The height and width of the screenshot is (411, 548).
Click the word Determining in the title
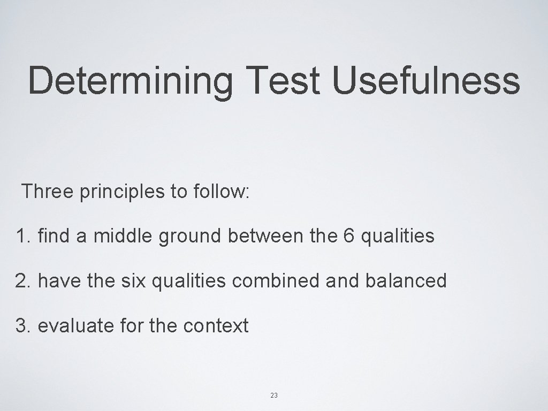coord(131,80)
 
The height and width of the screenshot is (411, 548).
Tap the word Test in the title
coord(283,80)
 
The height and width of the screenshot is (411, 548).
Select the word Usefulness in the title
coord(425,80)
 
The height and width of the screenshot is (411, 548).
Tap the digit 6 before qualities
coord(349,235)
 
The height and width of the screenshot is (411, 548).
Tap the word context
coord(216,325)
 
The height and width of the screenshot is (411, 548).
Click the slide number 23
coord(274,395)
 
